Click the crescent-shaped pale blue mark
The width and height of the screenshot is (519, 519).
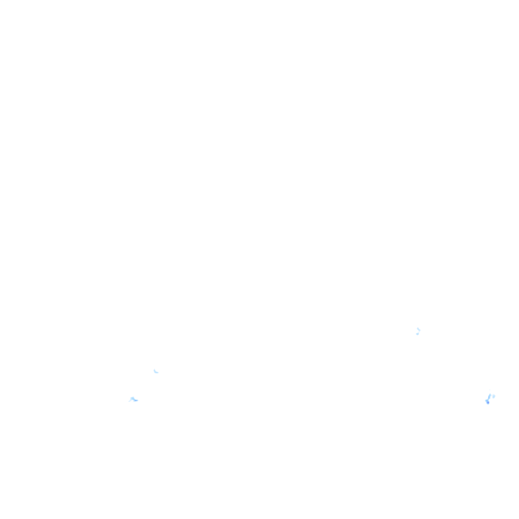156,372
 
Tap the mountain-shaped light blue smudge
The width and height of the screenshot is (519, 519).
133,399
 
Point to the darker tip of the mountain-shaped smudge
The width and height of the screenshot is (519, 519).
136,400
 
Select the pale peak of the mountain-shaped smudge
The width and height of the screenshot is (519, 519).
132,398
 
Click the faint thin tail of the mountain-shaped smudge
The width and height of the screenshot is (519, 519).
130,401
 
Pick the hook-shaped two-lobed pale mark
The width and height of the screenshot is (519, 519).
418,331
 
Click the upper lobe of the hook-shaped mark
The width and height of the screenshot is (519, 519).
419,329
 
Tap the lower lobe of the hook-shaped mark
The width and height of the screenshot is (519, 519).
417,333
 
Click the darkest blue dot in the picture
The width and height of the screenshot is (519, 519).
488,402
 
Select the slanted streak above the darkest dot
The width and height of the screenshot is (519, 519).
489,397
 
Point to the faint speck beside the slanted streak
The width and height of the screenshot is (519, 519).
494,396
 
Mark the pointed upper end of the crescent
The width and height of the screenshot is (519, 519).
154,370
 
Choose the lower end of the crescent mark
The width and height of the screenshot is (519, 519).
158,373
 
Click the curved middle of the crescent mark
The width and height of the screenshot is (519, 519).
155,372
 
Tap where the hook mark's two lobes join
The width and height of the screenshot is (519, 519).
419,331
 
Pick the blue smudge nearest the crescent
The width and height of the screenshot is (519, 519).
133,399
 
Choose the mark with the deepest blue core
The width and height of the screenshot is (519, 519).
488,402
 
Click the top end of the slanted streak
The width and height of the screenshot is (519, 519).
490,394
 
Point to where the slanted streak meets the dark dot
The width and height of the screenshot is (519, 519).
488,400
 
